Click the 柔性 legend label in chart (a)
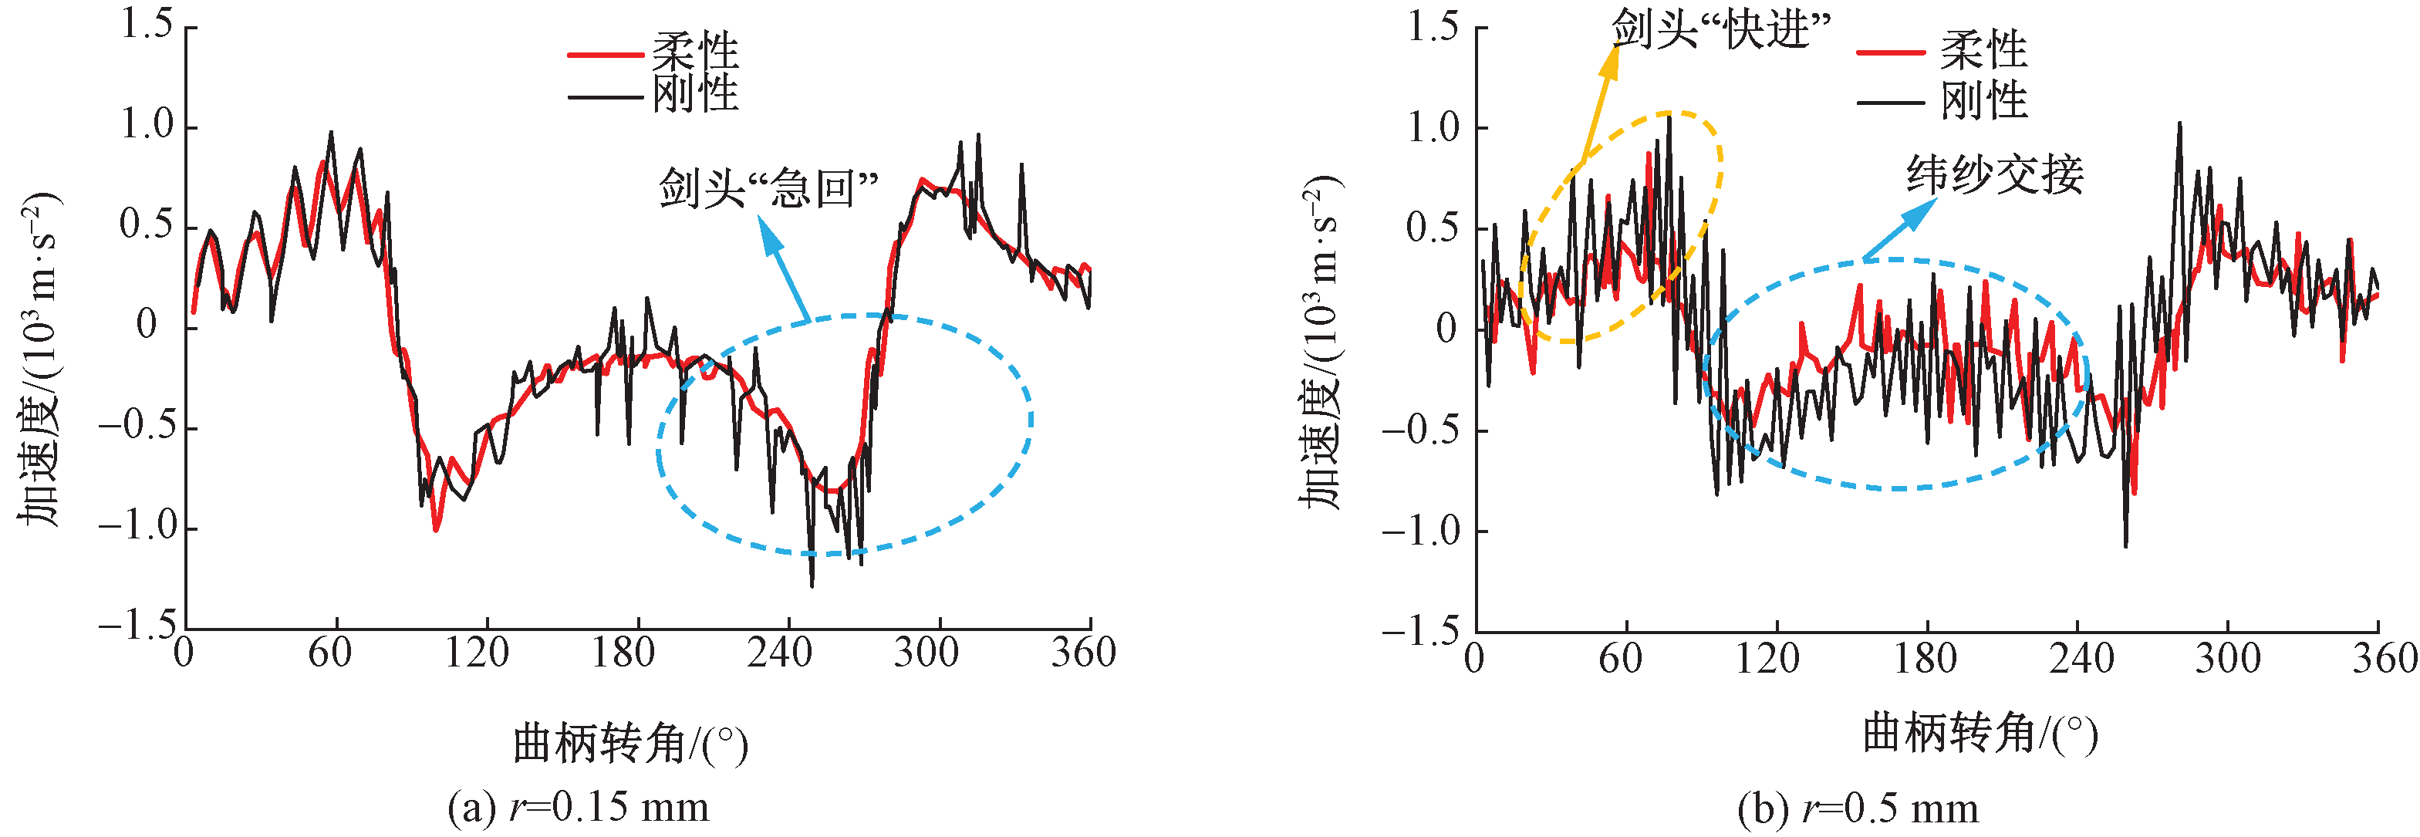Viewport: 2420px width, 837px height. click(695, 52)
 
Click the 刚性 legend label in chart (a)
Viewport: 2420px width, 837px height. click(695, 94)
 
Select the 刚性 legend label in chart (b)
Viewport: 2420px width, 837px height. click(1984, 100)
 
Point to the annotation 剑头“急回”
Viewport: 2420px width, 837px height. click(768, 189)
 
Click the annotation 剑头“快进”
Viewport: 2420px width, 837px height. click(1721, 29)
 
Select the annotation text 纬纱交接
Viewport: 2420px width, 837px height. click(1994, 174)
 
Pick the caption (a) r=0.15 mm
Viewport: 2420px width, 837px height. click(578, 807)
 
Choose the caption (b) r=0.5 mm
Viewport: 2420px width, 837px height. click(1858, 808)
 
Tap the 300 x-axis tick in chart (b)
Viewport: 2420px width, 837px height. click(2226, 657)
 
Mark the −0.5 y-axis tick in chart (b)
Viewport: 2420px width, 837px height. click(1419, 430)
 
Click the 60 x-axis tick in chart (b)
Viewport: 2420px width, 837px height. click(1622, 657)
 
